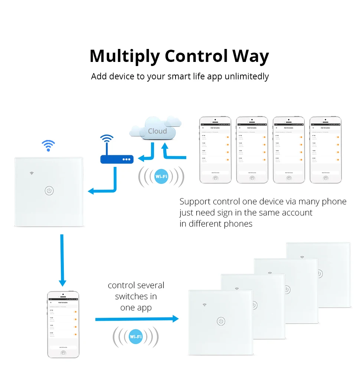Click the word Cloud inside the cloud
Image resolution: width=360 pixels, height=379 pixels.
157,131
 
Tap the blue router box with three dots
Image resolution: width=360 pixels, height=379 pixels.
117,159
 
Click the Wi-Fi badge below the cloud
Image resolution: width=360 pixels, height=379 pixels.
161,177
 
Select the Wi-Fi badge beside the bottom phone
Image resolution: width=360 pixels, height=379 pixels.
135,337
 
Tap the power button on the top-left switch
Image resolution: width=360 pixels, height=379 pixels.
49,191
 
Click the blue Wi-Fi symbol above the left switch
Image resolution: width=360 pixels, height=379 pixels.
48,145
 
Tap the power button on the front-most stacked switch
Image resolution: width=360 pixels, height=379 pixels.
221,321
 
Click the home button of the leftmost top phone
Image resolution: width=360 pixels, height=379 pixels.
215,178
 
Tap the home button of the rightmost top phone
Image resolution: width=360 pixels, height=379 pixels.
325,178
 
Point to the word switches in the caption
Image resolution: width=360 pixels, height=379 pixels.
136,296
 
